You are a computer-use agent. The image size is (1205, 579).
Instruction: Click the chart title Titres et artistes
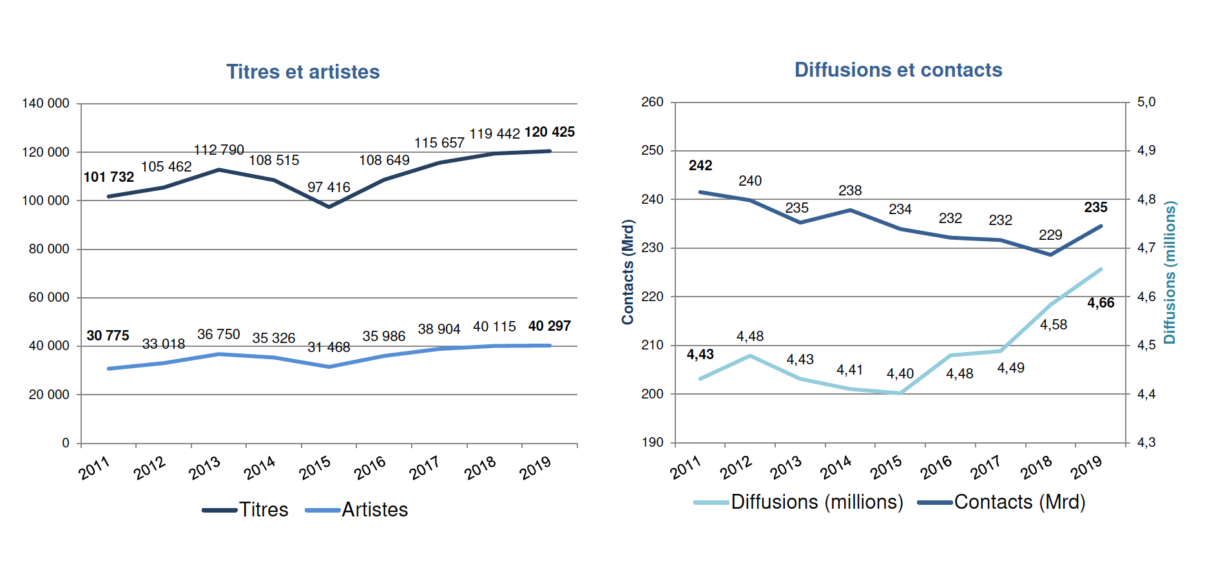(x=303, y=72)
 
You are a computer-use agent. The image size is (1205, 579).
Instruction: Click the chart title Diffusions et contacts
(x=898, y=70)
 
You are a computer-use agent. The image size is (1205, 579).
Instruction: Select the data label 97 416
(x=329, y=187)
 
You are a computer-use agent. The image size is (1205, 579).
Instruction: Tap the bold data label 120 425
(x=549, y=132)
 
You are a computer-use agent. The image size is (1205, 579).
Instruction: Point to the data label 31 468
(x=329, y=347)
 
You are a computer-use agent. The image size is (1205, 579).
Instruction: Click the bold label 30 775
(x=108, y=335)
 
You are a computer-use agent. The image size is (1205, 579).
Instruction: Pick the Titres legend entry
(x=246, y=509)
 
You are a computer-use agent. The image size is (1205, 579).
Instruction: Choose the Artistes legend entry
(x=357, y=509)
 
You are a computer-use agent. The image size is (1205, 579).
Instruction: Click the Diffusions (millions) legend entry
(x=799, y=502)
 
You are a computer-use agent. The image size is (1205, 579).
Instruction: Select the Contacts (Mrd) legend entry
(x=1001, y=502)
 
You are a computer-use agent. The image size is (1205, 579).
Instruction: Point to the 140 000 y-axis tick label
(x=46, y=103)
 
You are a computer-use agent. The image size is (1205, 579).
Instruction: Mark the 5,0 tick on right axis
(x=1146, y=102)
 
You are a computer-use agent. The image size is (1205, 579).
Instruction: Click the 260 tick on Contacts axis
(x=652, y=102)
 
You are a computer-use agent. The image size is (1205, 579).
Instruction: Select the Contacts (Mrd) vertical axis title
(x=628, y=271)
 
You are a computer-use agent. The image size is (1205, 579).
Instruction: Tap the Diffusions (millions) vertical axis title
(x=1170, y=272)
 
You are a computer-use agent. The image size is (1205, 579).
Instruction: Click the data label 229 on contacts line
(x=1050, y=235)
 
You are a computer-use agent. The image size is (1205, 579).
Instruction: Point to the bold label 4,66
(x=1101, y=302)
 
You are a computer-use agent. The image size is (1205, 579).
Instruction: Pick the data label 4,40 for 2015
(x=900, y=373)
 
